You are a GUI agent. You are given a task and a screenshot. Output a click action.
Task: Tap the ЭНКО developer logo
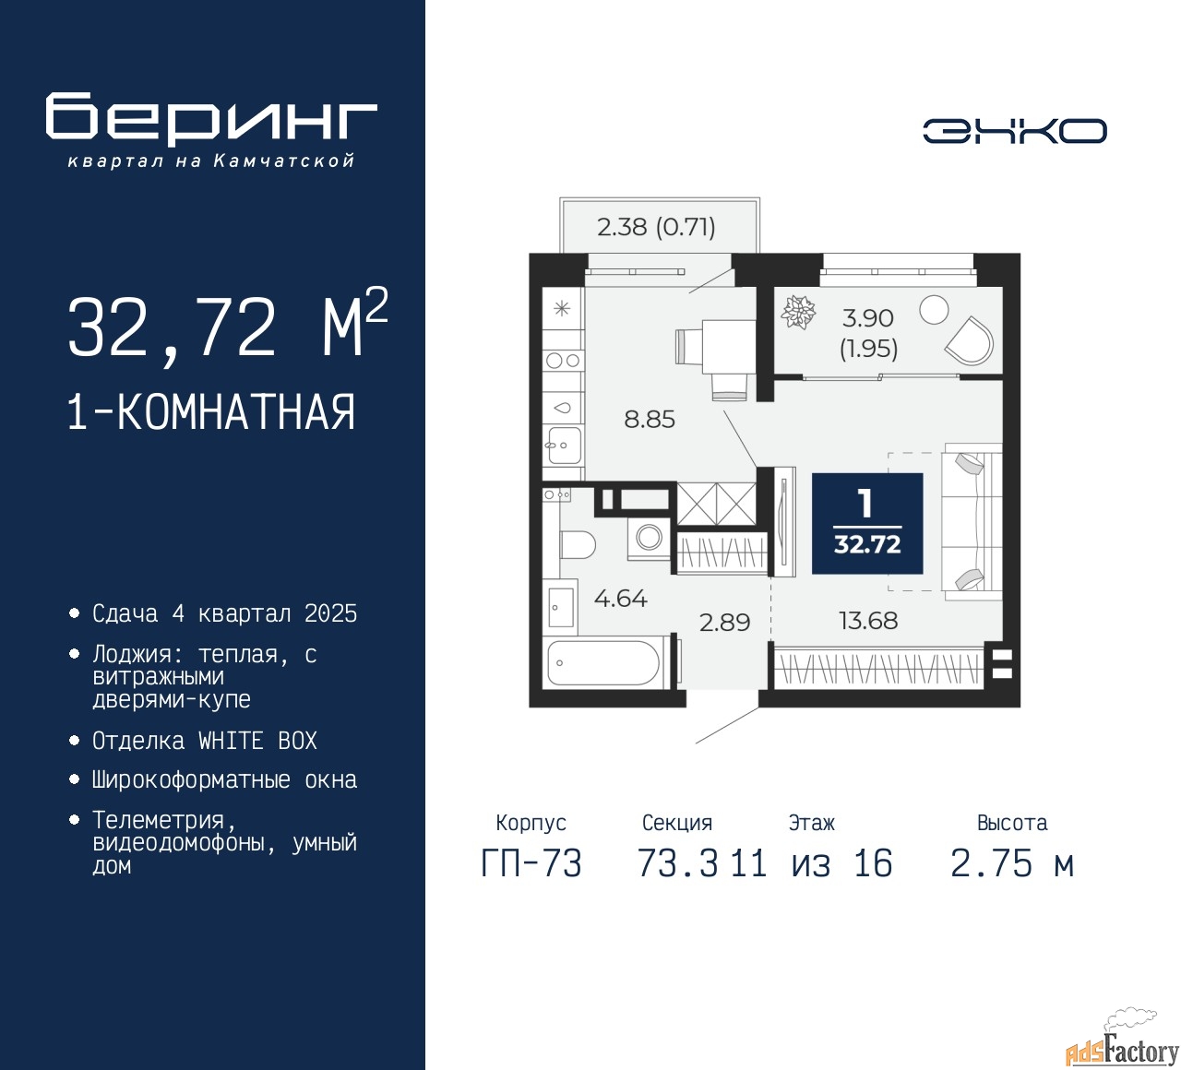(1014, 131)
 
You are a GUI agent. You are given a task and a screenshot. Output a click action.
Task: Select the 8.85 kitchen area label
(650, 420)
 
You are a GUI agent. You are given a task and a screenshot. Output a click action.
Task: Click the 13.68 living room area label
(868, 621)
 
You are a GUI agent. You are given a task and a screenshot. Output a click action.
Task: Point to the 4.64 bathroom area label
(620, 599)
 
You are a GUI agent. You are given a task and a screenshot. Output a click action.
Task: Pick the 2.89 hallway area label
(724, 623)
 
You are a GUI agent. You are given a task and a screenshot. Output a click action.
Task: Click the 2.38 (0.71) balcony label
(656, 227)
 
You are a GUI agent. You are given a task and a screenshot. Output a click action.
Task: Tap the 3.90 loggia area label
(868, 318)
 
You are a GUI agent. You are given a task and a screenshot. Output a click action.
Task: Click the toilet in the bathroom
(576, 545)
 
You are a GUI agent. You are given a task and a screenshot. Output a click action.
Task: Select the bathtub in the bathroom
(603, 663)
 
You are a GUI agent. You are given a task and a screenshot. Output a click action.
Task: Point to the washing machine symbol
(650, 537)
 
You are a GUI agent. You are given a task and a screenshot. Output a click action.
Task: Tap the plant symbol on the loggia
(799, 312)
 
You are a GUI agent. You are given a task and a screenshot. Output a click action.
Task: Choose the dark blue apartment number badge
(866, 524)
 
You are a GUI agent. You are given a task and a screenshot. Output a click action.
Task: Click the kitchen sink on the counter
(562, 446)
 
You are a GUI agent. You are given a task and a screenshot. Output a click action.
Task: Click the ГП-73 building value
(531, 864)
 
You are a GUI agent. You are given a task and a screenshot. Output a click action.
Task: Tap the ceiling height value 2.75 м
(1011, 864)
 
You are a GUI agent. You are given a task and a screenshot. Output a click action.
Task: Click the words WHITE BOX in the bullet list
(257, 741)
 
